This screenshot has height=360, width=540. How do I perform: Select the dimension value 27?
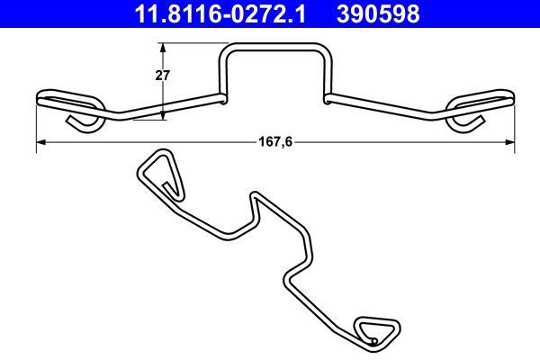click(x=163, y=76)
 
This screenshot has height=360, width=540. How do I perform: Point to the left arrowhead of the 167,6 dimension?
click(x=40, y=142)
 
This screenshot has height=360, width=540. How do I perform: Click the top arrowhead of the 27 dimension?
click(x=163, y=47)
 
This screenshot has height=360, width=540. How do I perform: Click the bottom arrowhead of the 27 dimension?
click(x=163, y=114)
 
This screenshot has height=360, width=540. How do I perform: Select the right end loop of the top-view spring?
click(x=481, y=97)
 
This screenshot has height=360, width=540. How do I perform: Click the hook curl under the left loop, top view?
click(x=83, y=122)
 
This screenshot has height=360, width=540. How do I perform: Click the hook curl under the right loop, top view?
click(x=467, y=122)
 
